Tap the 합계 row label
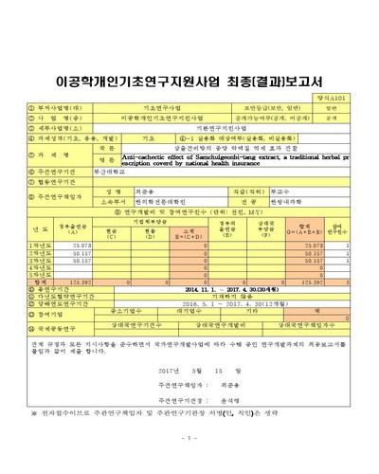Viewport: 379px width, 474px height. (x=39, y=281)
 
